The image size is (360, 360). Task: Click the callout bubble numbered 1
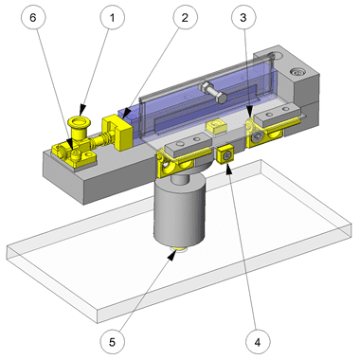point(113,18)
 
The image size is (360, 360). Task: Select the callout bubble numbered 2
point(185,18)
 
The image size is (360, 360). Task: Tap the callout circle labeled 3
point(243,18)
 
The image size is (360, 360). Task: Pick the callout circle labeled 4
point(258,342)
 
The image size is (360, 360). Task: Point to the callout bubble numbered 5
point(113,342)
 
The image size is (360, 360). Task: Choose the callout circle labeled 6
point(33,18)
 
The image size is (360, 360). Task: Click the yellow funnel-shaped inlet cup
point(79,126)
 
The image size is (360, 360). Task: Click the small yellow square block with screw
point(225,155)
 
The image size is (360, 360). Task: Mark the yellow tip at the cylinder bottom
point(179,250)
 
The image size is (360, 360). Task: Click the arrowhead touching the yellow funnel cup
point(82,111)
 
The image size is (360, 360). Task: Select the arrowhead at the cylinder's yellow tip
point(171,255)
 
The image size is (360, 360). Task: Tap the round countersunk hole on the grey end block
point(297,72)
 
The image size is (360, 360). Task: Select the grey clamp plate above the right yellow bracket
point(277,116)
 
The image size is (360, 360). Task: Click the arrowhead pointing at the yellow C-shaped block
point(127,114)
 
